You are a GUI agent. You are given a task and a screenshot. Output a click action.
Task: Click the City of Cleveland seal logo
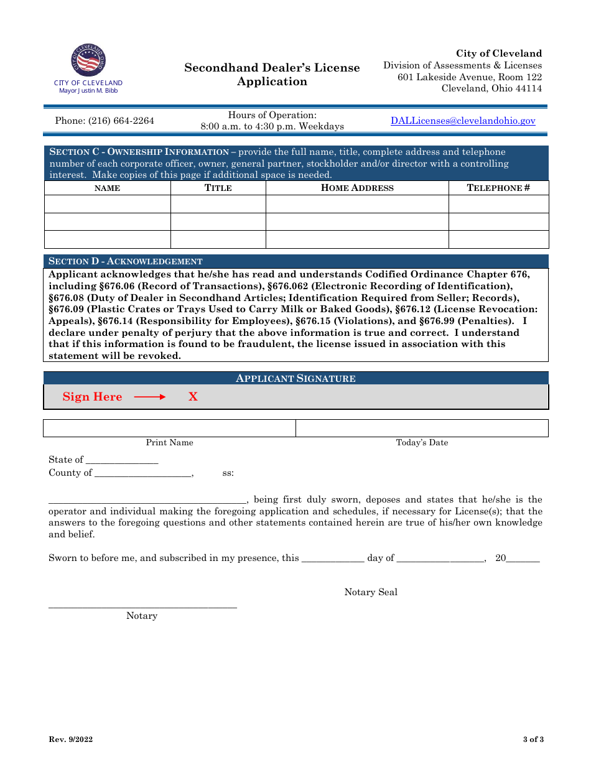[x=88, y=60]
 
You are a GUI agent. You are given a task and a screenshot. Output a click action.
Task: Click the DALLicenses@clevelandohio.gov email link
[x=462, y=121]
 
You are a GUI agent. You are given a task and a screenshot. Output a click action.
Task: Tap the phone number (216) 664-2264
[x=105, y=121]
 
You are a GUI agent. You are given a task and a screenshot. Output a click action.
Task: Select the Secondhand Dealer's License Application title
[x=272, y=75]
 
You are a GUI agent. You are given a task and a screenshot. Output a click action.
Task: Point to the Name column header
[x=107, y=188]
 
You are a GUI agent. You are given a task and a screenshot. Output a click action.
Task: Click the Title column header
[x=218, y=188]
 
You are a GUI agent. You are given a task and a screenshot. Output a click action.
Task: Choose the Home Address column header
[x=357, y=188]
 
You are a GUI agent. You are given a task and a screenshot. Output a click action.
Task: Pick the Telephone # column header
[x=498, y=188]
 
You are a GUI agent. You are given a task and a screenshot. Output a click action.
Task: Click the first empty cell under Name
[x=107, y=204]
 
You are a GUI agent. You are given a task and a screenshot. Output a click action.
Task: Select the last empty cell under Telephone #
[x=498, y=239]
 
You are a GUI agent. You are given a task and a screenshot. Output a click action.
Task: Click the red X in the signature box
[x=193, y=397]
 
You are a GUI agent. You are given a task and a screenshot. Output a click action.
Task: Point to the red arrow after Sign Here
[x=150, y=397]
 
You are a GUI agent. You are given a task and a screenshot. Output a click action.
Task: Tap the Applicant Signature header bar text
[x=295, y=378]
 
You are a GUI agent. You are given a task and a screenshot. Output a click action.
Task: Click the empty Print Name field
[x=169, y=429]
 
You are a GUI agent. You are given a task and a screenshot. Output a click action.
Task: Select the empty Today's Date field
[x=422, y=429]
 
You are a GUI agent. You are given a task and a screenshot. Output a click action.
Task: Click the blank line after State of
[x=122, y=460]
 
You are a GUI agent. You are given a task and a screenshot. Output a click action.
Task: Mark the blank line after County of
[x=143, y=473]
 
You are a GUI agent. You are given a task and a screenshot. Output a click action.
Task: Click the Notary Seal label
[x=371, y=592]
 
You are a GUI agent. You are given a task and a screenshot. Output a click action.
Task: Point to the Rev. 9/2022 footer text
[x=71, y=739]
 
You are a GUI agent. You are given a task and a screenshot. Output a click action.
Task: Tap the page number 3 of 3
[x=533, y=739]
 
